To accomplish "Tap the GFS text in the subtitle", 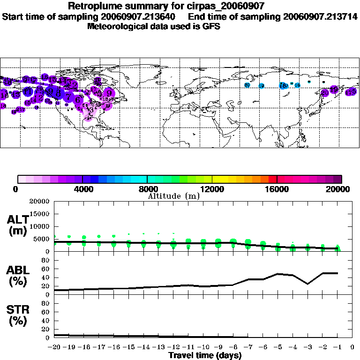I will point(211,26).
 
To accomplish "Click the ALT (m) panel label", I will point(18,225).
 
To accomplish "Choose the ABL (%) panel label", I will point(18,276).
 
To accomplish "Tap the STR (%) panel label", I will point(18,315).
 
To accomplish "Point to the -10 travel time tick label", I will point(203,347).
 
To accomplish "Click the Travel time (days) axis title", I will point(205,355).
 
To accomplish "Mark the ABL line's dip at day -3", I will point(307,284).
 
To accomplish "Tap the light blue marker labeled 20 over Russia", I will point(247,85).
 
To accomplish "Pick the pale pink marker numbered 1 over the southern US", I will point(88,119).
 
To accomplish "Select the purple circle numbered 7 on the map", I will point(69,97).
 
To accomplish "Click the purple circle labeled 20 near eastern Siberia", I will point(324,93).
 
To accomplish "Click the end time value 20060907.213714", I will point(320,16).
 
